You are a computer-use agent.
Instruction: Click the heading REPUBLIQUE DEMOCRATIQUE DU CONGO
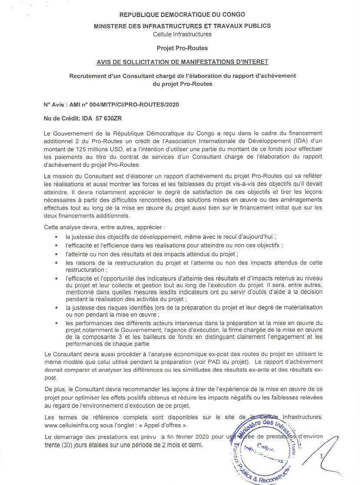click(x=182, y=15)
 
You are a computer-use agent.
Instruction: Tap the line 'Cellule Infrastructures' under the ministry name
click(x=182, y=34)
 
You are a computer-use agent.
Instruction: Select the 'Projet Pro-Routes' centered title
click(x=182, y=48)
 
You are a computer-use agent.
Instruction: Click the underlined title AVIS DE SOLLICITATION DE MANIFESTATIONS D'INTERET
click(x=182, y=62)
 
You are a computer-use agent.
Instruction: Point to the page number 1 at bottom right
click(x=322, y=456)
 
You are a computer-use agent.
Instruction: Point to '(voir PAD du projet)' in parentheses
click(x=221, y=362)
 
